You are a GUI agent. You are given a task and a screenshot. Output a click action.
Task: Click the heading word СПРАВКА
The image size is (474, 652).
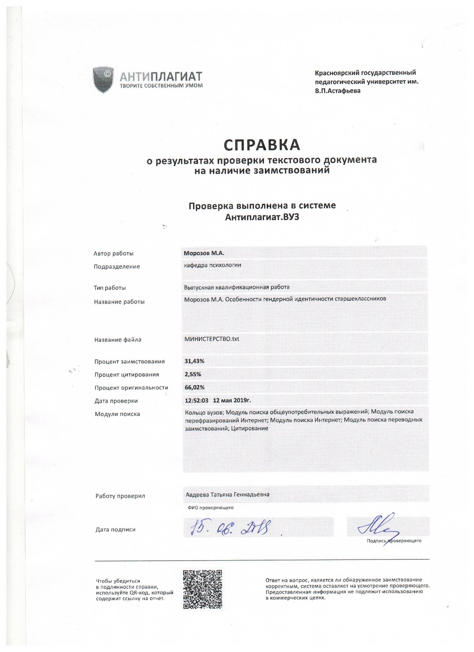[262, 145]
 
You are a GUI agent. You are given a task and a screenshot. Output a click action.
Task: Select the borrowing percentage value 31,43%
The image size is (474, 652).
[194, 361]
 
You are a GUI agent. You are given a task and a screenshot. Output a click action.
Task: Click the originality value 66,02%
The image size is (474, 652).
[194, 388]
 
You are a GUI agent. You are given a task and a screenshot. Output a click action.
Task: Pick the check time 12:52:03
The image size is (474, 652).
[197, 400]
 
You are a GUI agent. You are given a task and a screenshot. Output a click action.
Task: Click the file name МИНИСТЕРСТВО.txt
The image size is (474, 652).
[212, 339]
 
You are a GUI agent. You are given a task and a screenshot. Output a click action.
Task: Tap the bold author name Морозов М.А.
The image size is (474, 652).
[204, 253]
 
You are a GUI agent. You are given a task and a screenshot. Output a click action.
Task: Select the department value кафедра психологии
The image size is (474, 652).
[212, 265]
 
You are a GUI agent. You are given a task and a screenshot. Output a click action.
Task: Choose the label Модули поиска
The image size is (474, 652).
[117, 414]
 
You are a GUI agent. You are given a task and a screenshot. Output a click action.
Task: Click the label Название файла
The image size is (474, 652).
[118, 340]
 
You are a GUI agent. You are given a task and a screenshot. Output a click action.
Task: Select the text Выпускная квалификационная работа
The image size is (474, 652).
[236, 287]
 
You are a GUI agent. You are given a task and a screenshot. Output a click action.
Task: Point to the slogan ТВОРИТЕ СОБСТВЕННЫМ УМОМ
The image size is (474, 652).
[161, 85]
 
